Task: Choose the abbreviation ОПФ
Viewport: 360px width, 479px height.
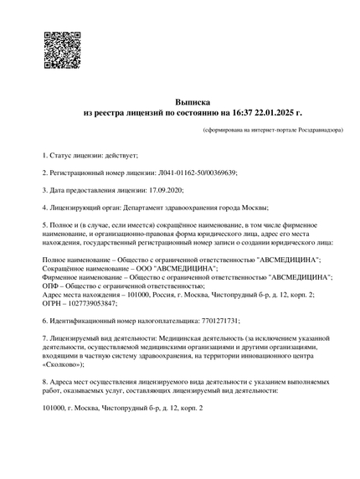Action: [x=51, y=286]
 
